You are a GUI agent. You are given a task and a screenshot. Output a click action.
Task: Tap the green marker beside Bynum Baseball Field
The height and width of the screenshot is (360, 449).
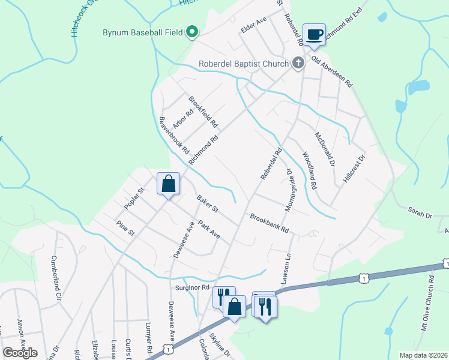pyautogui.click(x=192, y=31)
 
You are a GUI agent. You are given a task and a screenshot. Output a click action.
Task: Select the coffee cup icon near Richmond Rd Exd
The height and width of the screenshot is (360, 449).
pyautogui.click(x=314, y=35)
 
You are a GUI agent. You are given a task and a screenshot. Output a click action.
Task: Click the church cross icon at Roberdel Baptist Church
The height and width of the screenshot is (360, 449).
pyautogui.click(x=298, y=63)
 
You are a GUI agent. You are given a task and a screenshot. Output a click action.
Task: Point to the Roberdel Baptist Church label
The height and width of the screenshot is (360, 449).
pyautogui.click(x=244, y=63)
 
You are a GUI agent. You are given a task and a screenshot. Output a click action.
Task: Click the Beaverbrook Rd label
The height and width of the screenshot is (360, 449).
pyautogui.click(x=173, y=134)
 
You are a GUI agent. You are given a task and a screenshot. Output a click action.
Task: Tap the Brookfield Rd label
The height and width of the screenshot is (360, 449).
pyautogui.click(x=203, y=112)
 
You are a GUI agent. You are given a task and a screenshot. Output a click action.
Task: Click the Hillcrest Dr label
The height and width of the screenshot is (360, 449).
pyautogui.click(x=354, y=170)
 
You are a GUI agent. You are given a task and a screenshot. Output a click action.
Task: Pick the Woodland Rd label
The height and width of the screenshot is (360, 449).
pyautogui.click(x=310, y=170)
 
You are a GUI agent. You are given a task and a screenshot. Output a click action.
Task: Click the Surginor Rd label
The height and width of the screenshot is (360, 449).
pyautogui.click(x=192, y=287)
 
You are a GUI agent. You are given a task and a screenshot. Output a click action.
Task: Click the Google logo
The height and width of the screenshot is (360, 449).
pyautogui.click(x=20, y=353)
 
